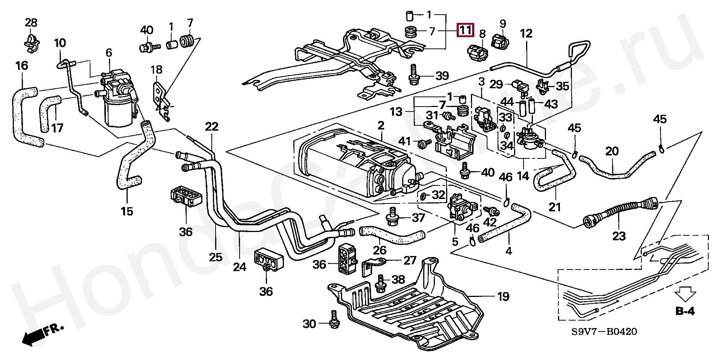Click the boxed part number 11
click(465, 30)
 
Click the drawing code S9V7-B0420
click(604, 332)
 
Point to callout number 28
click(31, 23)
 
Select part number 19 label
click(503, 297)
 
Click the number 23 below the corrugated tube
click(619, 236)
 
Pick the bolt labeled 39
click(413, 75)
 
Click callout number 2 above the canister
click(381, 125)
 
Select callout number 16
click(22, 66)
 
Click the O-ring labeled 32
click(423, 196)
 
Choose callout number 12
click(526, 33)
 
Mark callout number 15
click(127, 211)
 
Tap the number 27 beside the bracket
click(410, 261)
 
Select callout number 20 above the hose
click(612, 151)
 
